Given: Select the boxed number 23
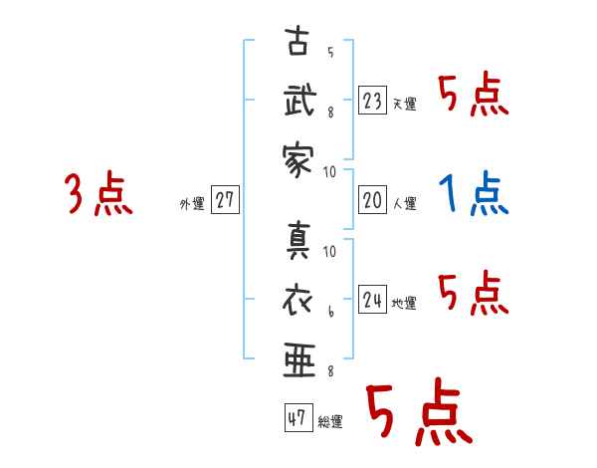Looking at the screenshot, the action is tap(372, 101).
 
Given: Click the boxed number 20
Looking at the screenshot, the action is tap(372, 200).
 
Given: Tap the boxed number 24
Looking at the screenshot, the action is tap(372, 300).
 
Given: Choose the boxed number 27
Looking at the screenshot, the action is tap(224, 200).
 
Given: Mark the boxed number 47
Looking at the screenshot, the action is tap(297, 417).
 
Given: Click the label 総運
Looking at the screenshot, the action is tap(329, 421).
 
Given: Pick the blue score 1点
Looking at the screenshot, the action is tap(474, 193).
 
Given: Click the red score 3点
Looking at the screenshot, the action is tap(99, 193).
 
